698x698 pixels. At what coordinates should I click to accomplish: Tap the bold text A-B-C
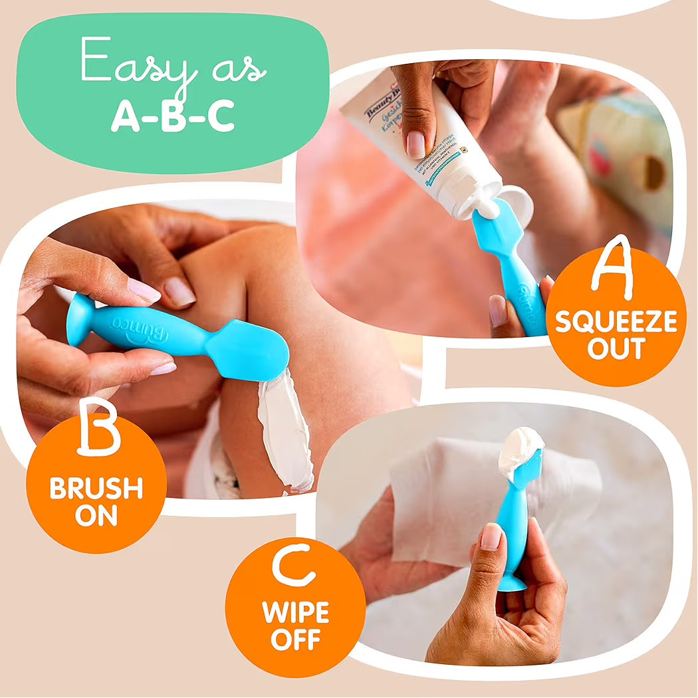click(172, 116)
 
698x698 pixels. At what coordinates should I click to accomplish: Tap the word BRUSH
click(96, 489)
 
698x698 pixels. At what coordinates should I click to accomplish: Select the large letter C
click(293, 566)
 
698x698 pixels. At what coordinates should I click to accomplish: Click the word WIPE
click(295, 612)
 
